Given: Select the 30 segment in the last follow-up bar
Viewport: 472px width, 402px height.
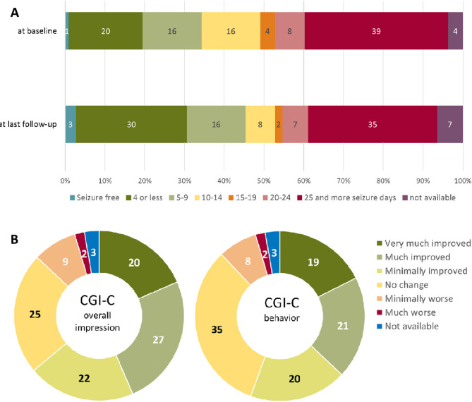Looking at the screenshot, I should (x=131, y=124).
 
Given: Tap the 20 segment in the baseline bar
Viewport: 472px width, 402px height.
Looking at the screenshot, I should (x=105, y=30).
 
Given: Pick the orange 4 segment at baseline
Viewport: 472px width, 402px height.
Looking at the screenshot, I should (x=267, y=30).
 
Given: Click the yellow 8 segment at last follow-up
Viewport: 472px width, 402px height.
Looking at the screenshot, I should (x=260, y=124).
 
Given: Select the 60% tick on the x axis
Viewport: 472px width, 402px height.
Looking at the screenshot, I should (x=304, y=169).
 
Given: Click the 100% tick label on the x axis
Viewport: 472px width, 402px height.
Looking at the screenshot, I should (x=462, y=169).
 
